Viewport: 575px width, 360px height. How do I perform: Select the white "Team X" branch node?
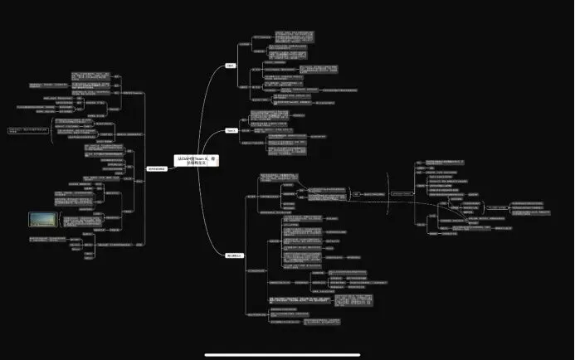tap(231, 130)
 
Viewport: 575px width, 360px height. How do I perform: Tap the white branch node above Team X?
tap(231, 65)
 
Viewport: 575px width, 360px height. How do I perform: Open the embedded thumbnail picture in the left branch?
tap(43, 219)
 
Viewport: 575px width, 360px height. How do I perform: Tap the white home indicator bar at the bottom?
tap(287, 354)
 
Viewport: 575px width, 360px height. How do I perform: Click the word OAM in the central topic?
tap(183, 158)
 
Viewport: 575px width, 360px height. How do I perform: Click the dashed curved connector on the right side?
tap(390, 207)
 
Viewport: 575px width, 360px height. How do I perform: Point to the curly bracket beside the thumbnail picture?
tap(63, 219)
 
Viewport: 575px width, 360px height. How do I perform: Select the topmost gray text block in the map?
tap(294, 37)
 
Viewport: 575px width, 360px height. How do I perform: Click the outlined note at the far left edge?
tap(27, 130)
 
